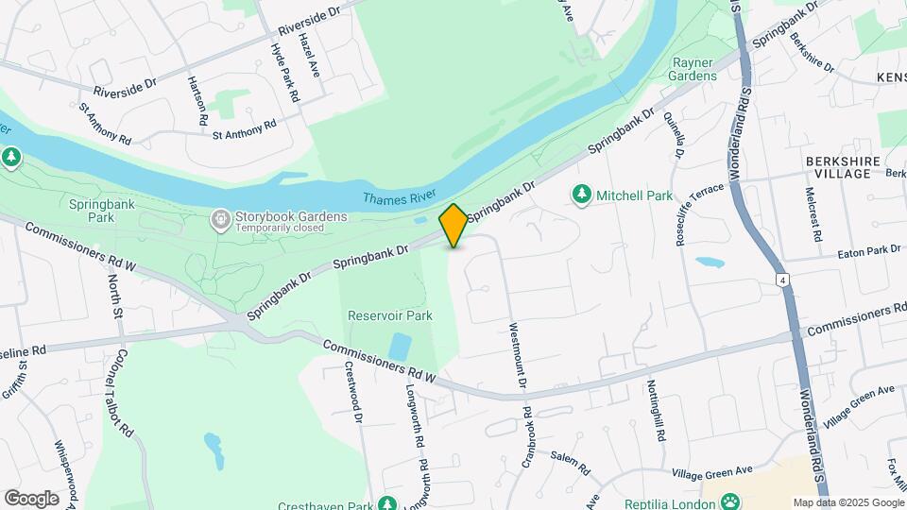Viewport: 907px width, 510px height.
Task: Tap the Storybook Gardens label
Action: pyautogui.click(x=291, y=216)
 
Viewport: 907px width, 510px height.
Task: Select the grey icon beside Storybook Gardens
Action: pyautogui.click(x=220, y=220)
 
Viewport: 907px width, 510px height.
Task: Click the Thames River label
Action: pyautogui.click(x=399, y=196)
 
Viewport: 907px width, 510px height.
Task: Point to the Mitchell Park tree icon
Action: pyautogui.click(x=581, y=195)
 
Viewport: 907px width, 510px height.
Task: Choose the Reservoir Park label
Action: pyautogui.click(x=390, y=315)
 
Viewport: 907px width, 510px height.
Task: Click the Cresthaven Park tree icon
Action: pyautogui.click(x=385, y=504)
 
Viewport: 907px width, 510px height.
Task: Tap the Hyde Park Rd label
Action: pyautogui.click(x=284, y=73)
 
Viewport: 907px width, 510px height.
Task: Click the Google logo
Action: pyautogui.click(x=31, y=499)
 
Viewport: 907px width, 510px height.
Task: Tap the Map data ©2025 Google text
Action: pyautogui.click(x=847, y=502)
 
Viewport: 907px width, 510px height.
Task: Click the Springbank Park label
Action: pyautogui.click(x=92, y=210)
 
